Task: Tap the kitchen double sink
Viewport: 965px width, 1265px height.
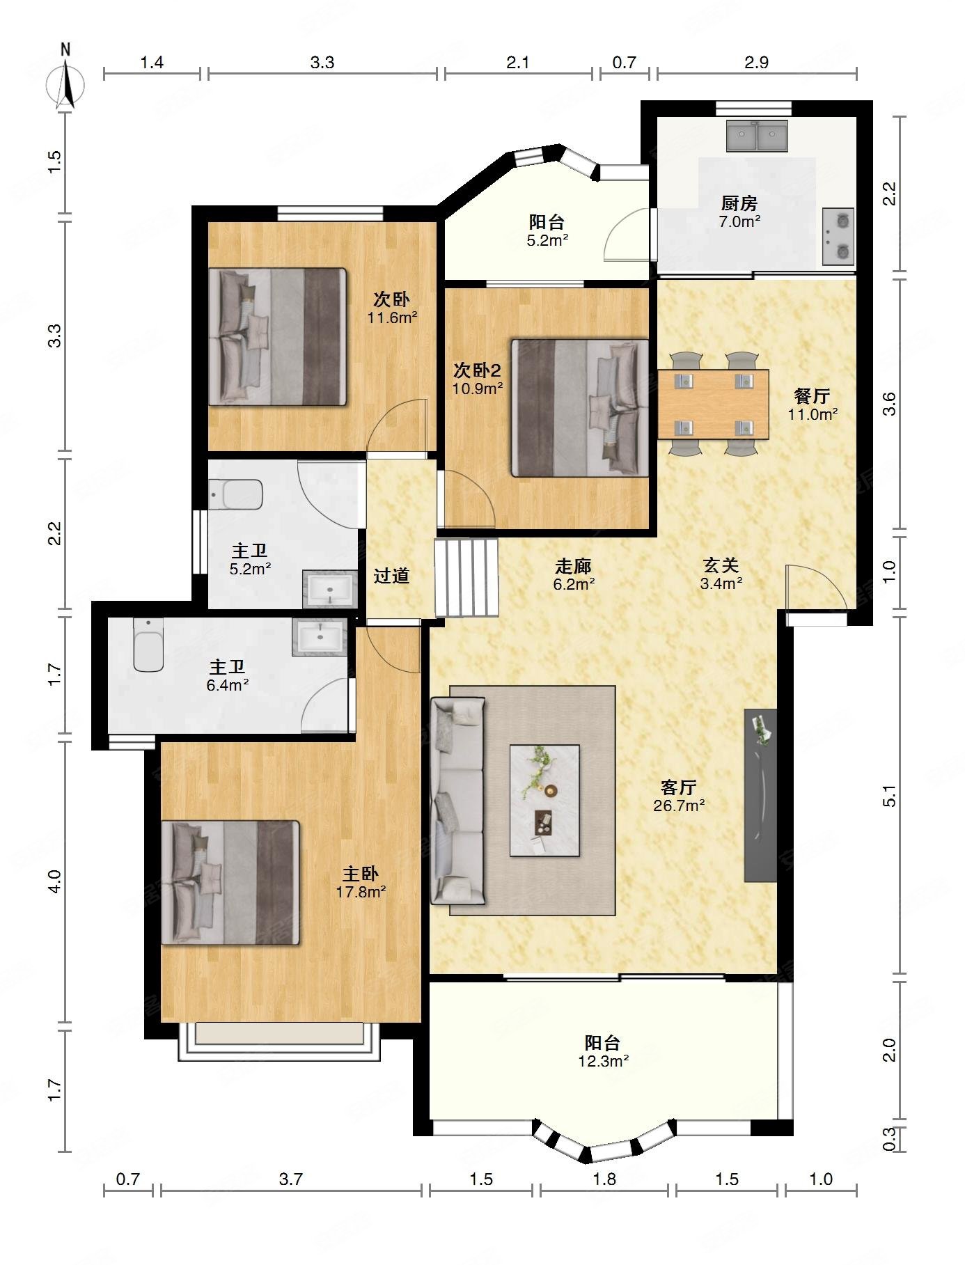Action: (757, 136)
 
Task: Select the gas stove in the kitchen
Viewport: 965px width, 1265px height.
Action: (838, 237)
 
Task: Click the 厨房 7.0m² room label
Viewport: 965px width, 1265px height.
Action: (739, 212)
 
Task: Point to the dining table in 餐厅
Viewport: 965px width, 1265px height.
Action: (713, 404)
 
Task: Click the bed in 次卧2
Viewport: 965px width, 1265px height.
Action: (580, 408)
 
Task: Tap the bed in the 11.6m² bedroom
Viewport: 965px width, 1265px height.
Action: (278, 337)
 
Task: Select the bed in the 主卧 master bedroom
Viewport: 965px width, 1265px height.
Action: (230, 883)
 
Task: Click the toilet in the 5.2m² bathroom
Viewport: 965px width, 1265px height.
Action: (236, 494)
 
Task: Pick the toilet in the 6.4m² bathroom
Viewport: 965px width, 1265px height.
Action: (148, 645)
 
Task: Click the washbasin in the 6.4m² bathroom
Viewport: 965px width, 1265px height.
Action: (320, 637)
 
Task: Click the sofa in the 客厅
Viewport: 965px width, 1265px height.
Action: (457, 801)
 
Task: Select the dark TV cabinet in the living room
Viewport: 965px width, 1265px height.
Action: (760, 796)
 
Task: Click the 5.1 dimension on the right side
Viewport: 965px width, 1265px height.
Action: (890, 796)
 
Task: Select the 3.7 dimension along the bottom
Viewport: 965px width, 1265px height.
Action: (290, 1179)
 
